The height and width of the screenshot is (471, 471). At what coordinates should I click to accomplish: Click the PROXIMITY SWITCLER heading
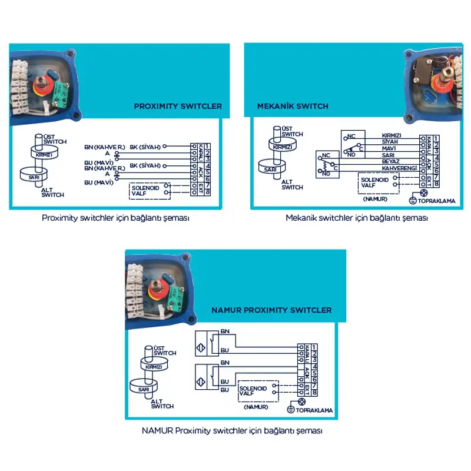tap(178, 107)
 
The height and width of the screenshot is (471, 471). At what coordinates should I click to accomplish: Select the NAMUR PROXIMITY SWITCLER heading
tap(271, 310)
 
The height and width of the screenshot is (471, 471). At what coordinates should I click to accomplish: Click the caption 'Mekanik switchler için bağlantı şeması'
tap(356, 217)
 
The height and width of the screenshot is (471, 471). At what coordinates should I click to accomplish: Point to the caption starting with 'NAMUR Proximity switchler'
tap(232, 430)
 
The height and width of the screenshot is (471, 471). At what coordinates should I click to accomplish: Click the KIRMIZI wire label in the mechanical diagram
tap(392, 135)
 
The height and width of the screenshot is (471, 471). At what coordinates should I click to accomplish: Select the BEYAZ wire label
tap(391, 161)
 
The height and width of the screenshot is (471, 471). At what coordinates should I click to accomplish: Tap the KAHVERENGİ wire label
tap(399, 168)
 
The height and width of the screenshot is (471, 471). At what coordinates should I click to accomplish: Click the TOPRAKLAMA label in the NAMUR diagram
tap(314, 410)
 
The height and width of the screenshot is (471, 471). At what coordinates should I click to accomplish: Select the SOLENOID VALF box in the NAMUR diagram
tap(253, 392)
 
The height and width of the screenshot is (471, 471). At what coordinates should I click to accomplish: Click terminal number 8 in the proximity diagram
tap(208, 191)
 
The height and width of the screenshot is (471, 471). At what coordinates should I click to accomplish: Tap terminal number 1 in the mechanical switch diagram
tap(436, 138)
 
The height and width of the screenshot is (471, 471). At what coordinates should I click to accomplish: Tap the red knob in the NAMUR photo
tap(158, 293)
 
